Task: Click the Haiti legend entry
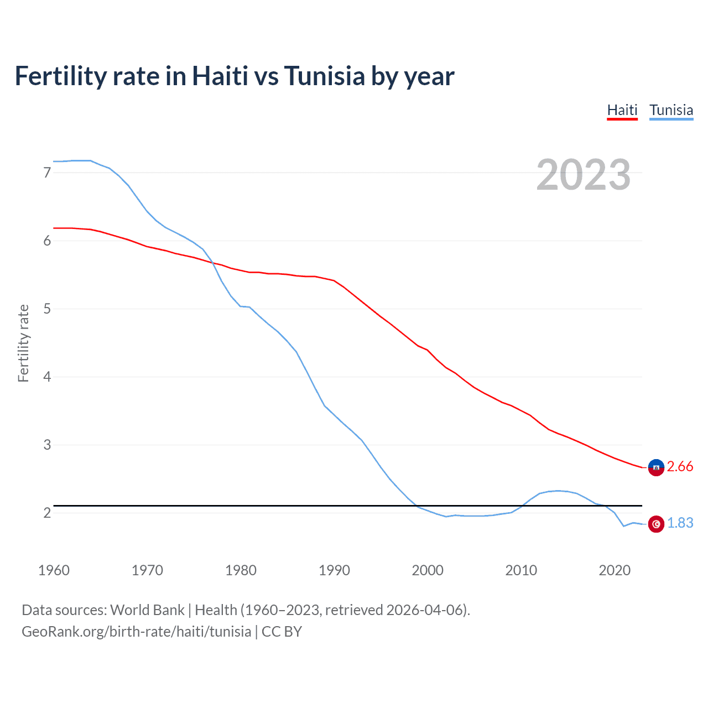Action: pyautogui.click(x=622, y=110)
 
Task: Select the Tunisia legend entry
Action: pyautogui.click(x=671, y=110)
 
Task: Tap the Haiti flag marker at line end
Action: pyautogui.click(x=656, y=467)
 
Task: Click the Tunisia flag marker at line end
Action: pyautogui.click(x=656, y=524)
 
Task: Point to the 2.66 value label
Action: pyautogui.click(x=680, y=467)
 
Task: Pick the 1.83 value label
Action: pyautogui.click(x=680, y=523)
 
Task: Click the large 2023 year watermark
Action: pyautogui.click(x=583, y=175)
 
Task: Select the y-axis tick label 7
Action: pyautogui.click(x=47, y=173)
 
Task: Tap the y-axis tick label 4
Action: pyautogui.click(x=47, y=377)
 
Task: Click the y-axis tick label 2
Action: pyautogui.click(x=47, y=513)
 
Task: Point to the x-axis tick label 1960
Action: pyautogui.click(x=54, y=570)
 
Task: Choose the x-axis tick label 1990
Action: pyautogui.click(x=334, y=570)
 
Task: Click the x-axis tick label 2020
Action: pyautogui.click(x=615, y=570)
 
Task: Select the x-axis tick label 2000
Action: pyautogui.click(x=428, y=570)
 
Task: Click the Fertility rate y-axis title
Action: pyautogui.click(x=23, y=343)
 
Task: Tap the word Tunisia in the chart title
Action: pyautogui.click(x=324, y=76)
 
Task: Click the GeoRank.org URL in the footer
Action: pyautogui.click(x=136, y=632)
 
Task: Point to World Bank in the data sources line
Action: pyautogui.click(x=147, y=610)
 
